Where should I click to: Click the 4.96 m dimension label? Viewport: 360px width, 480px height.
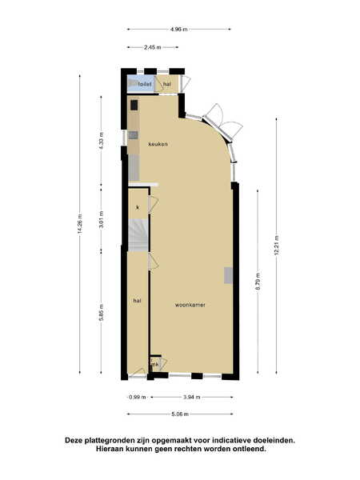click(x=179, y=30)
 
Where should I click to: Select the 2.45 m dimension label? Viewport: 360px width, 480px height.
click(x=153, y=47)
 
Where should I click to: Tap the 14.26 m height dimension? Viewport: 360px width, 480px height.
click(x=80, y=224)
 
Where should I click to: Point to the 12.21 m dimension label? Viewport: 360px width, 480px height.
click(x=277, y=245)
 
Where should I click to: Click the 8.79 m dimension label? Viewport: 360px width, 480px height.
click(x=258, y=282)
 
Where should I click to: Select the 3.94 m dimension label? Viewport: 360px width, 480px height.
click(x=192, y=398)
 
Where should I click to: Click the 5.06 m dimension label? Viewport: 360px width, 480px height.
click(x=180, y=414)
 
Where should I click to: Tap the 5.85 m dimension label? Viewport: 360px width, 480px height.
click(x=102, y=312)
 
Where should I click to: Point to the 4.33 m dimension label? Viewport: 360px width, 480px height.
click(x=102, y=140)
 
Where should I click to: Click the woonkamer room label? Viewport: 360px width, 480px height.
click(x=190, y=305)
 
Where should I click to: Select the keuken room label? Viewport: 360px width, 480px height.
click(x=158, y=144)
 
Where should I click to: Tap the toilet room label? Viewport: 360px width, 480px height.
click(x=145, y=84)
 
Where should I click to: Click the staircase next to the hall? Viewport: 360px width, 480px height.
click(x=138, y=235)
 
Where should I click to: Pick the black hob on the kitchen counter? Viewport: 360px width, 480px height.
click(x=134, y=105)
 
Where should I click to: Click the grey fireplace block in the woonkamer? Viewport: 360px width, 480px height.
click(x=228, y=275)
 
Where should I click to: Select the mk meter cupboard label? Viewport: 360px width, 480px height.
click(x=155, y=365)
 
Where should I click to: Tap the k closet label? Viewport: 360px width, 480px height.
click(x=138, y=207)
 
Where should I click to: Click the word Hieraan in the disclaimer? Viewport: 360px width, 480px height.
click(x=109, y=449)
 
